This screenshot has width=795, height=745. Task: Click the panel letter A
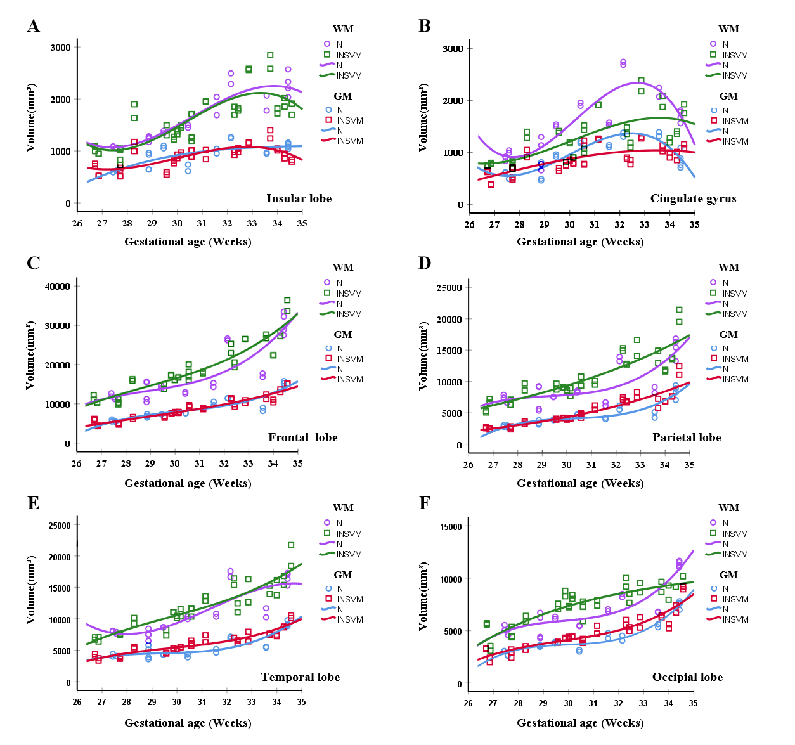coord(34,26)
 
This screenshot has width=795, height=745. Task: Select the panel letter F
coord(425,503)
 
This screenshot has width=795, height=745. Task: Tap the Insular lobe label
coord(299,198)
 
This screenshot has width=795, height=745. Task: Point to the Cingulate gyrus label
coord(693,198)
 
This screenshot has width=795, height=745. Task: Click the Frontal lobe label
coord(302,437)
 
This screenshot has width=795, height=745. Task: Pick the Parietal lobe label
coord(687,437)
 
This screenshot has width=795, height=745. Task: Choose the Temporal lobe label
coord(300,677)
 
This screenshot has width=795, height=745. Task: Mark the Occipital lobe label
coord(687,677)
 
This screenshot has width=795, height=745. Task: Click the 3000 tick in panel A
coord(61,47)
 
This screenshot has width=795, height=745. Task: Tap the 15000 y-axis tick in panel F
coord(448,526)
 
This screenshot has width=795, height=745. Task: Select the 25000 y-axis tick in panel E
coord(58,525)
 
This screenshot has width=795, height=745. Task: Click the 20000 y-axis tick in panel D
coord(448,319)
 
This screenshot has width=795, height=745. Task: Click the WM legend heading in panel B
coord(728,29)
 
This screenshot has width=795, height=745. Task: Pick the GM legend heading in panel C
coord(343,335)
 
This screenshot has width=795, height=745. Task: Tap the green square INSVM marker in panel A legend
coord(328,55)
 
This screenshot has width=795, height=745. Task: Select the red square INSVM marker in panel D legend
coord(713,359)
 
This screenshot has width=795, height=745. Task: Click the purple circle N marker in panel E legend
coord(328,522)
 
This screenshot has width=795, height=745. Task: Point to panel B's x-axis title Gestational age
coord(580,242)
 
